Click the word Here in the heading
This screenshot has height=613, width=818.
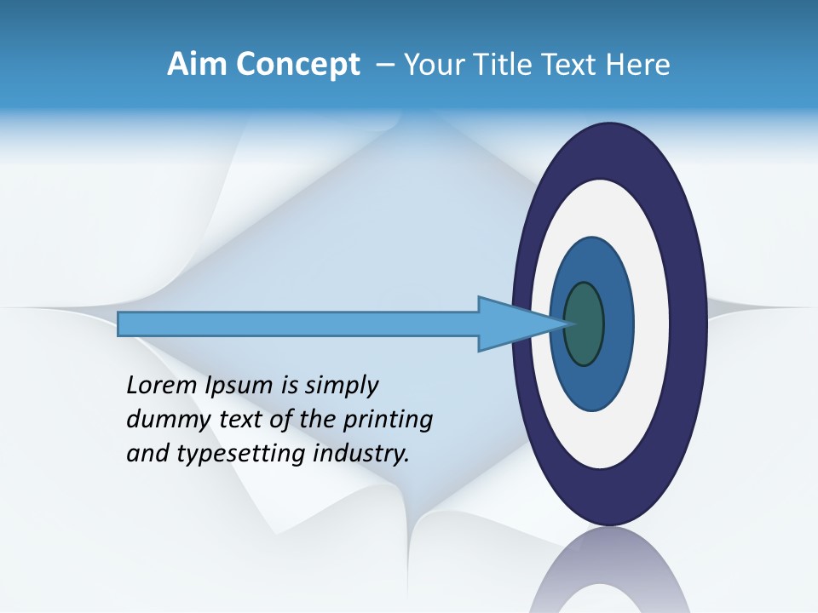coord(639,65)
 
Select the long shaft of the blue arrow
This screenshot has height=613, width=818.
coord(298,324)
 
